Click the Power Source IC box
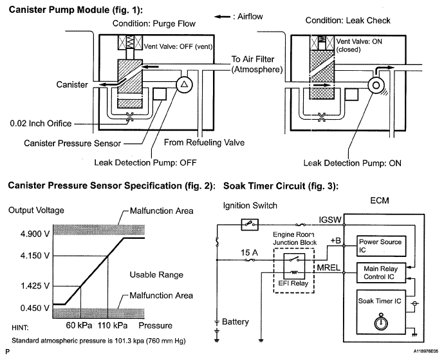381,246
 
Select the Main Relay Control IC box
381,272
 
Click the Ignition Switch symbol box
250,225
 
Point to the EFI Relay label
293,283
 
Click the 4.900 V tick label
35,234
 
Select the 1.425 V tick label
35,286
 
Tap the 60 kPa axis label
79,325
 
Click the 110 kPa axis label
113,325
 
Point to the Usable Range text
156,275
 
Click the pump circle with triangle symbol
184,84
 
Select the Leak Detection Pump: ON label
352,163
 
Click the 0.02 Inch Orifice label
41,124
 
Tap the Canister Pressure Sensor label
72,143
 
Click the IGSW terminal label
330,220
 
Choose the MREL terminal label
328,268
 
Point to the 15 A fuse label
249,252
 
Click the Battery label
236,322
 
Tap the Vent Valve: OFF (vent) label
178,46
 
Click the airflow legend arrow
222,17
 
